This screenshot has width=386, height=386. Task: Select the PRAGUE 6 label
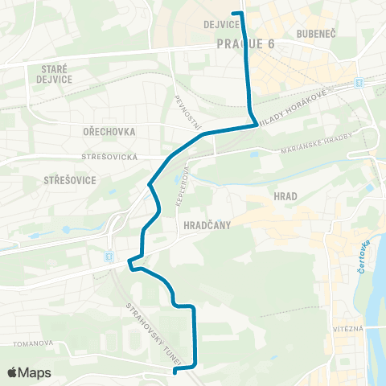[245, 43]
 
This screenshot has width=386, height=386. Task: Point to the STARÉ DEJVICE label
[53, 75]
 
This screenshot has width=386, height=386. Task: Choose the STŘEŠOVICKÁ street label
[110, 157]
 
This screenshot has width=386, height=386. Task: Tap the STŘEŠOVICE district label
[70, 180]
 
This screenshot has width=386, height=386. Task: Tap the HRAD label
[285, 195]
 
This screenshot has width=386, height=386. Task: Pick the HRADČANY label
[207, 226]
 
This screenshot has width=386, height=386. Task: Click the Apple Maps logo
[29, 372]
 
